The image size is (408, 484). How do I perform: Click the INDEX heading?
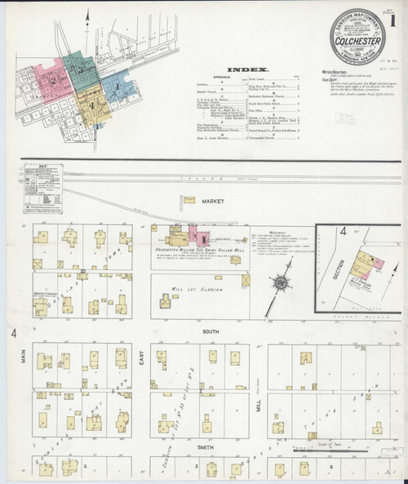click(243, 71)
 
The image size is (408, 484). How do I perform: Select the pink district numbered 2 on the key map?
click(54, 80)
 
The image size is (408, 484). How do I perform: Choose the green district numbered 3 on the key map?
click(80, 69)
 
